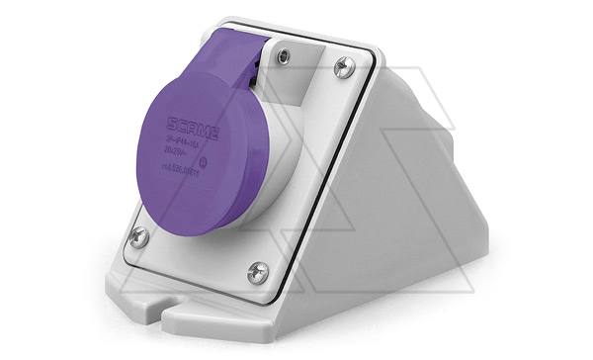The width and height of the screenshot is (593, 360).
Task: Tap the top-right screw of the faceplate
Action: [x=344, y=66]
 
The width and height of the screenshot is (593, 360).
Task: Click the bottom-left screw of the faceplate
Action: [x=139, y=235]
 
